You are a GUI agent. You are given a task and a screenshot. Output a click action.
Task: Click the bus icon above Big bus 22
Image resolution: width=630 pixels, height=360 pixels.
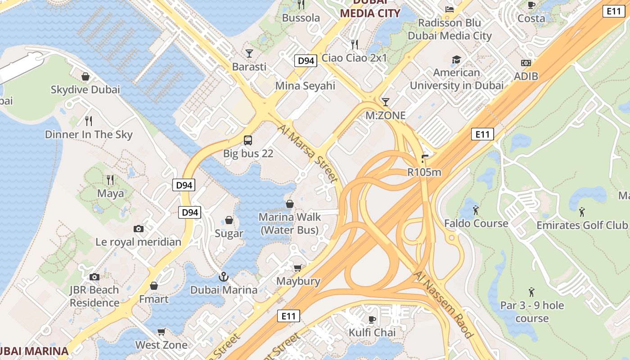(x=248, y=140)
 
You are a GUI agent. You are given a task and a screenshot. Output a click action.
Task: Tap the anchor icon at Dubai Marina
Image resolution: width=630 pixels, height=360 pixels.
(x=224, y=277)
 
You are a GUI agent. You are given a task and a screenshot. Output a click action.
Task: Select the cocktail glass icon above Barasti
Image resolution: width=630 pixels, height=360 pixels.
(x=249, y=54)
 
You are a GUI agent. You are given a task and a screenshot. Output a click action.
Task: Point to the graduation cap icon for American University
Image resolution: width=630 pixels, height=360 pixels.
(x=456, y=59)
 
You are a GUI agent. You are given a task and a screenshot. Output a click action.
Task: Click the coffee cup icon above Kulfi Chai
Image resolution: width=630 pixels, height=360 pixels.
(x=372, y=319)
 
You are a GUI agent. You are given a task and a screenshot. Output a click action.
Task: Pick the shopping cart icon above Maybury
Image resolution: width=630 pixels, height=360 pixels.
(x=297, y=268)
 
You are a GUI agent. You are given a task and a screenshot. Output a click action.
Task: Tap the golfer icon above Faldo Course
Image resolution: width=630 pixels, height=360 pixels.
(x=476, y=210)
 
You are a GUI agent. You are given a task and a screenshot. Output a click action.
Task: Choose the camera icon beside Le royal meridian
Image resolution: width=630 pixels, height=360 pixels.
(x=139, y=229)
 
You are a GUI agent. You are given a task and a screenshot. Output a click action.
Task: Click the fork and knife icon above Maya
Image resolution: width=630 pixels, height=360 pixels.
(x=110, y=180)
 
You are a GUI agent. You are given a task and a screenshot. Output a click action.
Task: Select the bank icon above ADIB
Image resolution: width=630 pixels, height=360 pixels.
(x=526, y=63)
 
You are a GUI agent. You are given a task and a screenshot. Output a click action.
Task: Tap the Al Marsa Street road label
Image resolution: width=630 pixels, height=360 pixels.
(x=308, y=153)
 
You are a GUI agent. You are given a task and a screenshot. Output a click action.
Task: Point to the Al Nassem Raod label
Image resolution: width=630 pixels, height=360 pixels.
(x=444, y=305)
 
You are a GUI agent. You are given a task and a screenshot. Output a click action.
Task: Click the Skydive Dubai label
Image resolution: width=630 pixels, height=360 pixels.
(x=85, y=90)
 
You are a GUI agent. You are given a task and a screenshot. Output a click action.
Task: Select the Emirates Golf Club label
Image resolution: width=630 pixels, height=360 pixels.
(x=582, y=225)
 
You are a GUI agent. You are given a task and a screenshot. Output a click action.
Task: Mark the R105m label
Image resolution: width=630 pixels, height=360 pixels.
(x=424, y=172)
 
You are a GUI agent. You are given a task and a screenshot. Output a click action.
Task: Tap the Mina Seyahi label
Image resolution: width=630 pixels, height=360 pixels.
(x=306, y=85)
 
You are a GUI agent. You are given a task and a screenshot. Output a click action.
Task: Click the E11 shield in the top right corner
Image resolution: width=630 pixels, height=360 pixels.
(x=614, y=12)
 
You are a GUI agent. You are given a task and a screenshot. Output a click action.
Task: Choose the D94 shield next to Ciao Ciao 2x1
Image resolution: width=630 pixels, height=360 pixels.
(x=306, y=61)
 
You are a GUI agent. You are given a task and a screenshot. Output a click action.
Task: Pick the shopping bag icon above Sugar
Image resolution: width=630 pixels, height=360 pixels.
(x=229, y=220)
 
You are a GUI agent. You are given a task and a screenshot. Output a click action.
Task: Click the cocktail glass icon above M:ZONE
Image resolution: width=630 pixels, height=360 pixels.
(x=385, y=102)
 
